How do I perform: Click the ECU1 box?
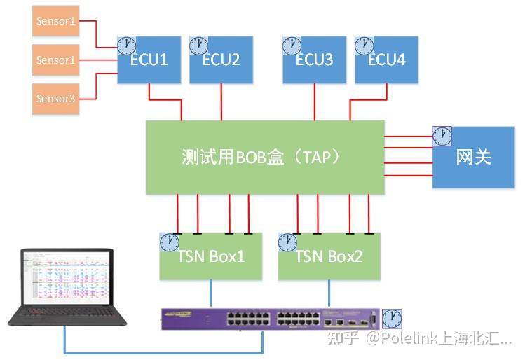pyautogui.click(x=149, y=60)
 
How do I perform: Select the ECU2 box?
pyautogui.click(x=221, y=60)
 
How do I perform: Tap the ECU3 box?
pyautogui.click(x=314, y=60)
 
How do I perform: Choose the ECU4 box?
pyautogui.click(x=386, y=60)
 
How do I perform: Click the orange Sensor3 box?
pyautogui.click(x=55, y=99)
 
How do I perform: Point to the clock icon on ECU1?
pyautogui.click(x=126, y=46)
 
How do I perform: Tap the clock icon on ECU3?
pyautogui.click(x=292, y=46)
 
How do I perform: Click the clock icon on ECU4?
pyautogui.click(x=364, y=46)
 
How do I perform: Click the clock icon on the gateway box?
pyautogui.click(x=442, y=136)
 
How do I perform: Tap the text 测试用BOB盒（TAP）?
pyautogui.click(x=264, y=158)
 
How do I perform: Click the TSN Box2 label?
pyautogui.click(x=329, y=257)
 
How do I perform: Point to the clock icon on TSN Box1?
pyautogui.click(x=169, y=242)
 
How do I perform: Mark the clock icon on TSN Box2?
pyautogui.click(x=287, y=242)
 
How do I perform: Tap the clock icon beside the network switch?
pyautogui.click(x=392, y=319)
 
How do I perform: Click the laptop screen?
pyautogui.click(x=67, y=278)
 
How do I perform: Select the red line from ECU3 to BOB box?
pyautogui.click(x=314, y=102)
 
